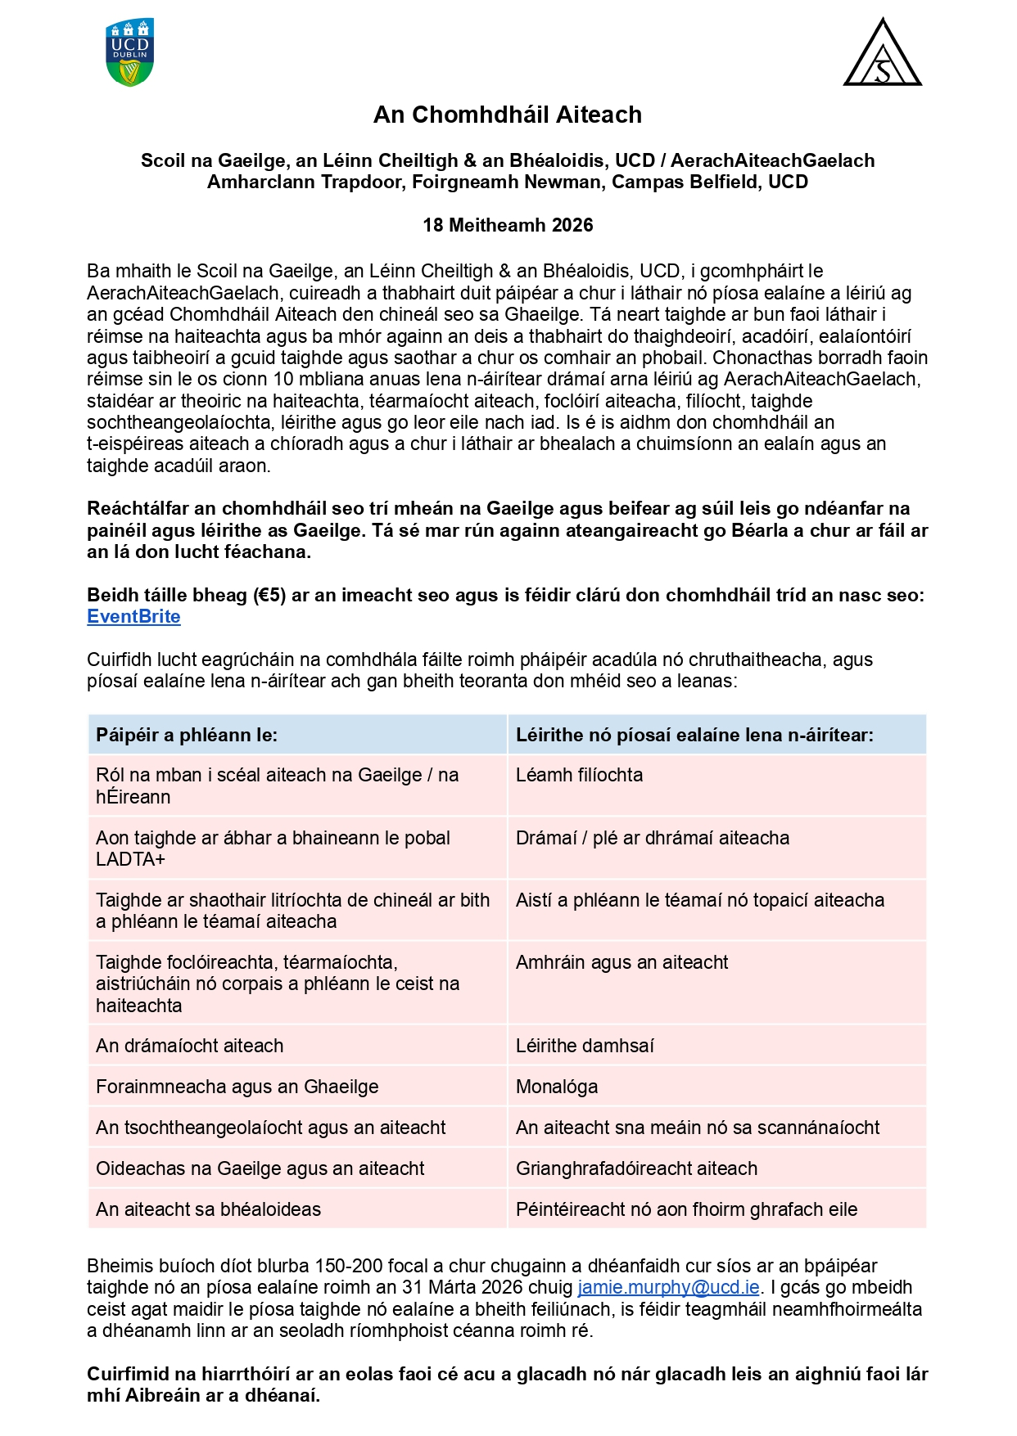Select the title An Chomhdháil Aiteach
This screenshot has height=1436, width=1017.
(508, 115)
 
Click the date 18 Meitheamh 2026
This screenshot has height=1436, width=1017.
(508, 225)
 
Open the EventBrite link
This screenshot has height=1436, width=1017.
(133, 617)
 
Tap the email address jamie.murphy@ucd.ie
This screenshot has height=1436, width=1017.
(668, 1287)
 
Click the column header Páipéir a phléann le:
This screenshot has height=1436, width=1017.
(187, 735)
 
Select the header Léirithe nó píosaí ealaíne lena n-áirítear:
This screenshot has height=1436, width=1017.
(694, 735)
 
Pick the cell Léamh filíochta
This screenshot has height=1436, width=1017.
(580, 775)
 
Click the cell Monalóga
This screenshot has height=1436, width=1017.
(557, 1087)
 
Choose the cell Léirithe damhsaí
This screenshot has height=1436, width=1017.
(585, 1046)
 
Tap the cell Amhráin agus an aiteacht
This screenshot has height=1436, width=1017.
(621, 962)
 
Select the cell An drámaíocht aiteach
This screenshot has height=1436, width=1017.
(190, 1046)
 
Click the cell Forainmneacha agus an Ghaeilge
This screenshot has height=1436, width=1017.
(237, 1087)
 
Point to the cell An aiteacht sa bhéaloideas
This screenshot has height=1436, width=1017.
(209, 1209)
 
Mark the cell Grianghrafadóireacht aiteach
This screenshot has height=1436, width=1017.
(636, 1168)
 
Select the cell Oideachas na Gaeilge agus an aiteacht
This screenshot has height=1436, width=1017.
(260, 1168)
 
